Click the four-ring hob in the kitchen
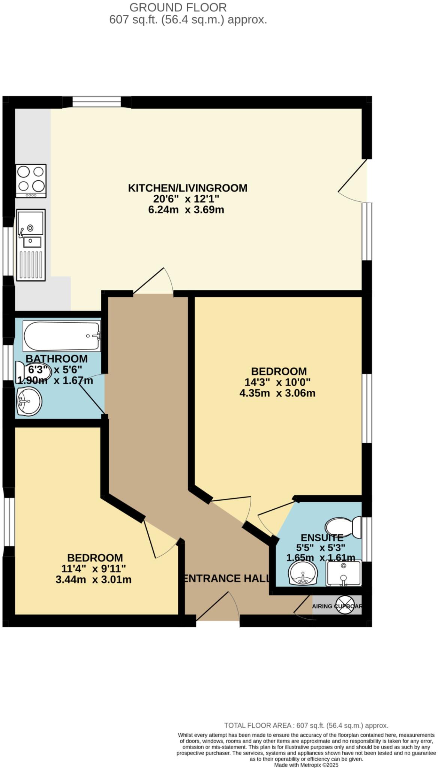pyautogui.click(x=31, y=180)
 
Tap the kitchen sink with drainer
pyautogui.click(x=31, y=244)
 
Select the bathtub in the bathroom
pyautogui.click(x=62, y=336)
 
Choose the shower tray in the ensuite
pyautogui.click(x=343, y=573)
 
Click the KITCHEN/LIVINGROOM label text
pyautogui.click(x=187, y=188)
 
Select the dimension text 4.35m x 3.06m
pyautogui.click(x=277, y=393)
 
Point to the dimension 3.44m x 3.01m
pyautogui.click(x=93, y=579)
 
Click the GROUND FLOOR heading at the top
pyautogui.click(x=178, y=7)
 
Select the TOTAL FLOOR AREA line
pyautogui.click(x=306, y=725)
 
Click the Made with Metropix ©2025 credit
pyautogui.click(x=306, y=765)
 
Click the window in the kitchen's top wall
pyautogui.click(x=96, y=102)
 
